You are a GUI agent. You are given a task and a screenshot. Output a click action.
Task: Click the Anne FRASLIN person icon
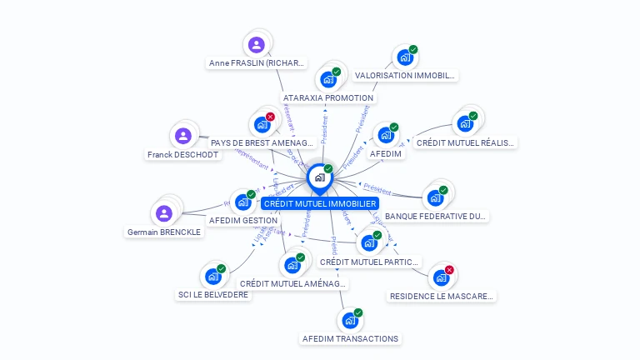point(257,44)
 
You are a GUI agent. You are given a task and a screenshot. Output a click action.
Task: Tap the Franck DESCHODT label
point(182,154)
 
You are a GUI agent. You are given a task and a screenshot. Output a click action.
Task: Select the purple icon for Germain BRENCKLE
point(164,212)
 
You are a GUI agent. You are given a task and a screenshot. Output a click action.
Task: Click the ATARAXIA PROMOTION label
point(328,97)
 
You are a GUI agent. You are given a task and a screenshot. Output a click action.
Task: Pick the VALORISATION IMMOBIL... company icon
point(404,57)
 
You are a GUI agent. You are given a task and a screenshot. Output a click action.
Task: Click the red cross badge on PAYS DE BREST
point(270,117)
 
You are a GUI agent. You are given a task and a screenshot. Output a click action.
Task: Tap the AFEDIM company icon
point(385,135)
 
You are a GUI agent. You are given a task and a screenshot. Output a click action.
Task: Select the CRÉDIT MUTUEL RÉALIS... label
point(465,142)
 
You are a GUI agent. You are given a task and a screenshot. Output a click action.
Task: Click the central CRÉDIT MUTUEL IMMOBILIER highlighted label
point(320,203)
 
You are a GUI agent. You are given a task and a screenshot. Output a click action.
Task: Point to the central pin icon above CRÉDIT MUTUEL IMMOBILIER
point(319,177)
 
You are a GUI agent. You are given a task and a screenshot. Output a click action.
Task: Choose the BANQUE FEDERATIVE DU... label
point(436,216)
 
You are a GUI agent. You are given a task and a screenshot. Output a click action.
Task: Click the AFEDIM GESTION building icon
point(242,202)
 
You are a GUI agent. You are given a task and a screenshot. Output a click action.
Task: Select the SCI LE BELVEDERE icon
point(212,276)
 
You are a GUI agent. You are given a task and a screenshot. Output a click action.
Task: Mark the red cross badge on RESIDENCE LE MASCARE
point(449,270)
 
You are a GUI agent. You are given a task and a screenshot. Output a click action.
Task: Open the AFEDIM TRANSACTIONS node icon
point(349,320)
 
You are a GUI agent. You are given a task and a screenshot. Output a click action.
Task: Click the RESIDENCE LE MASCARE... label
point(442,296)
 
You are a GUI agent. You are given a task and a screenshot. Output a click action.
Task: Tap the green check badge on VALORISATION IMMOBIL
point(413,49)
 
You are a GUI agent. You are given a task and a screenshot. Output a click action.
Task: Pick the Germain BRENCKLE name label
point(164,232)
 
